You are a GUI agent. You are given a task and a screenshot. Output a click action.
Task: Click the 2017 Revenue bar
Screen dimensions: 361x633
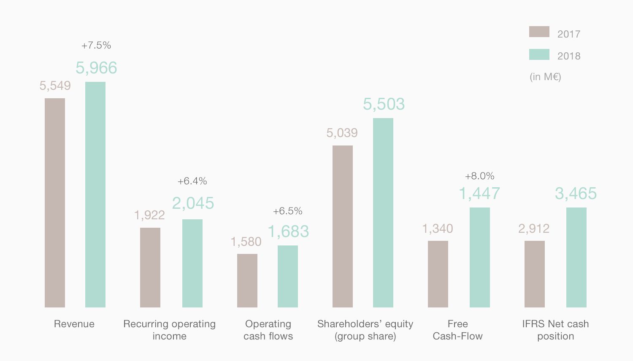(55, 202)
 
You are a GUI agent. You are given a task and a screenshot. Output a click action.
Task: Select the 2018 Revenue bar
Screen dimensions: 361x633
(95, 194)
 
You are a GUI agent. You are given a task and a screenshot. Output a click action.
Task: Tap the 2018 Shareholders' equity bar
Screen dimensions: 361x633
(383, 213)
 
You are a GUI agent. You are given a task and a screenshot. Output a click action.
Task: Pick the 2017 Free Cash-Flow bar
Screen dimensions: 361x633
(438, 274)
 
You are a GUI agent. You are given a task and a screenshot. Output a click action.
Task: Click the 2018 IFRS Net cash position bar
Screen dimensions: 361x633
(576, 257)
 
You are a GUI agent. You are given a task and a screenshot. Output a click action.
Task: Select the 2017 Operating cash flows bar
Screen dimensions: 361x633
(247, 280)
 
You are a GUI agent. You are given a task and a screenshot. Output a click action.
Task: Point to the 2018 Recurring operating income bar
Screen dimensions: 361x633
(192, 263)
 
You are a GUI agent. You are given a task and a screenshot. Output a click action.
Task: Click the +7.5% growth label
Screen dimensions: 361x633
(96, 46)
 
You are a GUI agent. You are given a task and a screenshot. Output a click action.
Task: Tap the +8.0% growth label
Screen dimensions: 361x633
(480, 176)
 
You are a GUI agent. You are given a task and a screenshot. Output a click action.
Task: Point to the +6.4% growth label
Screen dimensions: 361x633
(192, 181)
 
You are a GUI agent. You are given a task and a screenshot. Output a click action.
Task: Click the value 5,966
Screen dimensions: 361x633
(96, 68)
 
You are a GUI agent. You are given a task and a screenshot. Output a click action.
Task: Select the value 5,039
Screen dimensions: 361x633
(342, 133)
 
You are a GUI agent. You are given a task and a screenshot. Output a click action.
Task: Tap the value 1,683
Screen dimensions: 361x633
(289, 232)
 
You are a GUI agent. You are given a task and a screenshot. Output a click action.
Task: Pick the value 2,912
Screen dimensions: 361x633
(534, 229)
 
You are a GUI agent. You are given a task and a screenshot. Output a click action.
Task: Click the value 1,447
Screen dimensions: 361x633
(479, 194)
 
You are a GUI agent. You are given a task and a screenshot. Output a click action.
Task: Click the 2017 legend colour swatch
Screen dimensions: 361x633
(539, 32)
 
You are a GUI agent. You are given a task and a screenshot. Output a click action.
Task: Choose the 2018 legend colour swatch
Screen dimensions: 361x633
(539, 54)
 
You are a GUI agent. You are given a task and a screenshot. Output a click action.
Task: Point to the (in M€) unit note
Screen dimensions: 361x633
(545, 77)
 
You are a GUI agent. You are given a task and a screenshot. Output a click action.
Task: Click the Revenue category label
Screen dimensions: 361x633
(74, 324)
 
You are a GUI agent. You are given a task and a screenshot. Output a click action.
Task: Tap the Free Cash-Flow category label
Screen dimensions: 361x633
(458, 330)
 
